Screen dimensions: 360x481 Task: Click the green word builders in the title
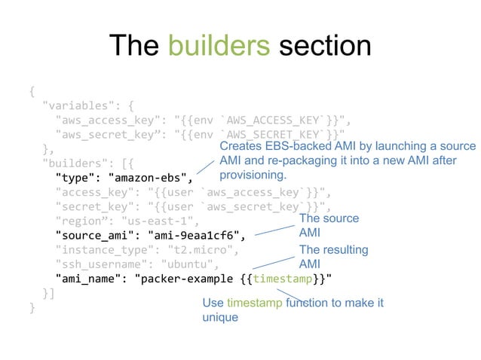coord(219,47)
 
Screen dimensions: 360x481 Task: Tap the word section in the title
coord(325,47)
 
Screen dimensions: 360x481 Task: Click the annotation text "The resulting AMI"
coord(333,256)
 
